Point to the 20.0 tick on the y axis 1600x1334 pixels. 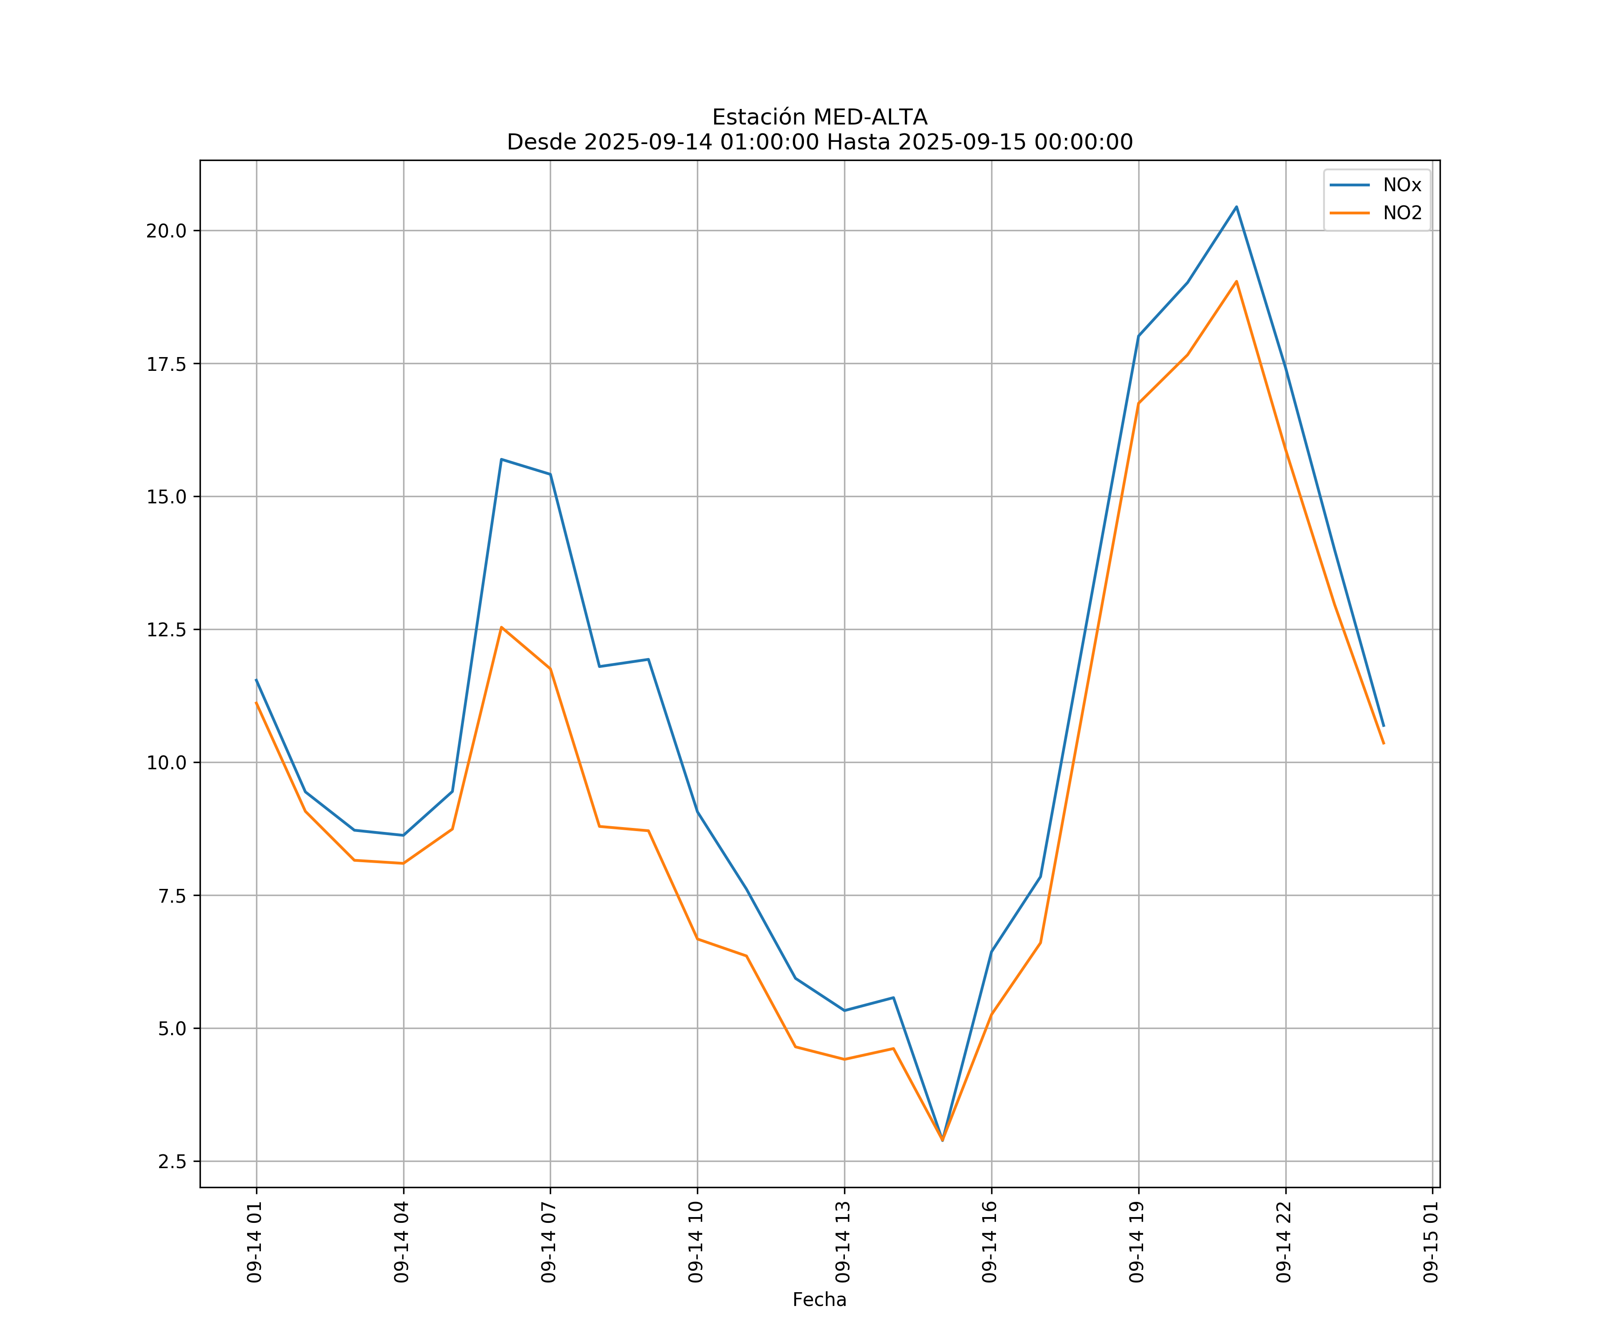(x=166, y=231)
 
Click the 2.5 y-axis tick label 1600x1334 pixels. (x=172, y=1162)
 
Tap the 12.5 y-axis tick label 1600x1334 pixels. (x=166, y=630)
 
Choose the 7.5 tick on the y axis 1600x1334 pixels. (x=172, y=896)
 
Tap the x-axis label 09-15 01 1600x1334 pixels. (x=1431, y=1242)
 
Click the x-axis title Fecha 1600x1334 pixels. (x=819, y=1300)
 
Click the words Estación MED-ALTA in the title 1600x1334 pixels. (x=819, y=117)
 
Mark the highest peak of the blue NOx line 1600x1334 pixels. (x=1236, y=207)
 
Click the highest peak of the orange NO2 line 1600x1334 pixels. (x=1236, y=281)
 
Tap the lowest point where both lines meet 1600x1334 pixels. (x=943, y=1141)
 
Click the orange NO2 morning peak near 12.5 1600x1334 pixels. (x=501, y=627)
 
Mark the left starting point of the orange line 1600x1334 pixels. (x=256, y=702)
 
